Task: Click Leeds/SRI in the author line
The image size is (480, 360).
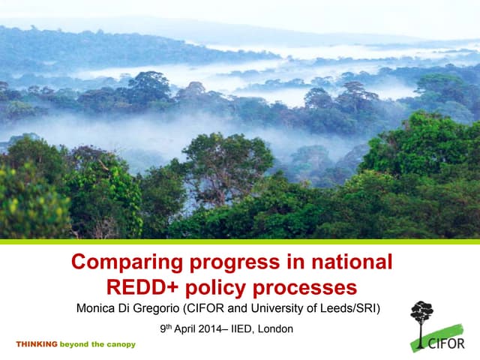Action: (353, 308)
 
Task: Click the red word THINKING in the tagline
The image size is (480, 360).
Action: (37, 344)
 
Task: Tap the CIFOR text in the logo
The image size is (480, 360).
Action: (449, 343)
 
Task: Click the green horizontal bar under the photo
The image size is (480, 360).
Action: (240, 241)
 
